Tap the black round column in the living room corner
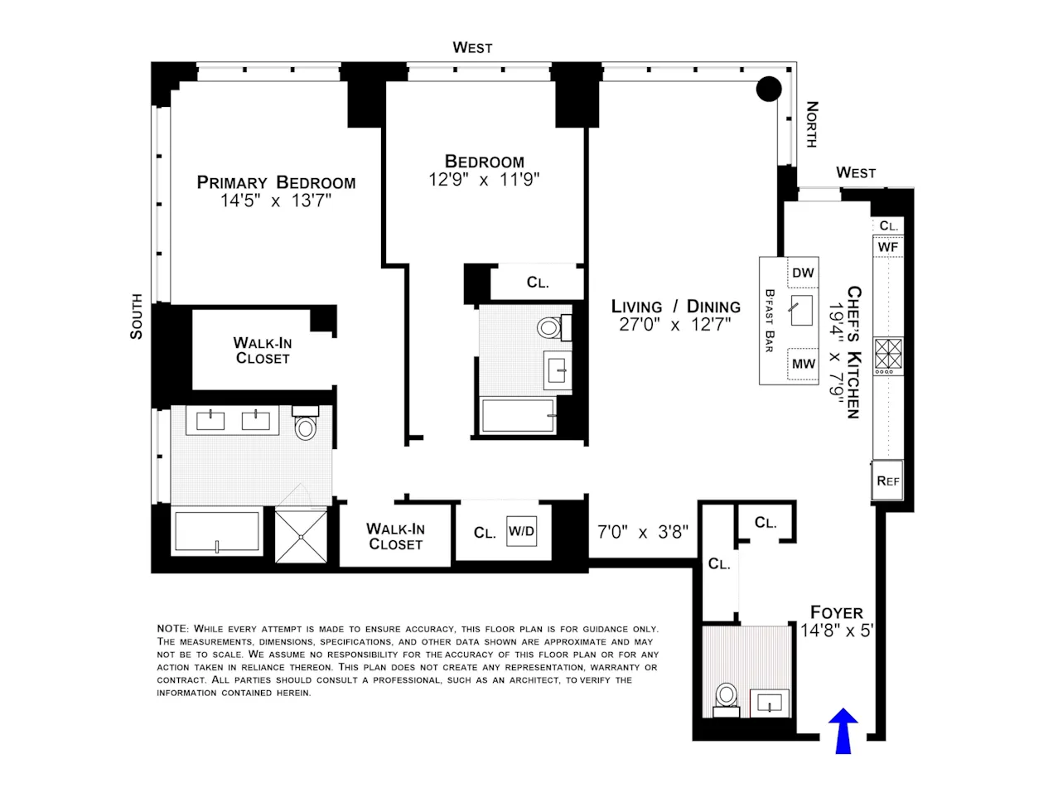(769, 89)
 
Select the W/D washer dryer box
(521, 532)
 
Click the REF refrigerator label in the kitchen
(887, 481)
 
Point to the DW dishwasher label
(803, 273)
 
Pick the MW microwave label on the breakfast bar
(803, 364)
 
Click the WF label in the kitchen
(887, 247)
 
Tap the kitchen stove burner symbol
(888, 353)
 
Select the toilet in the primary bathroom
(306, 424)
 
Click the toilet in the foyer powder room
(727, 697)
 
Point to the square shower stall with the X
(302, 536)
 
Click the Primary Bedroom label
(276, 182)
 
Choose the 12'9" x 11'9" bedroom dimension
(484, 180)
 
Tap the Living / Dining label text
(675, 307)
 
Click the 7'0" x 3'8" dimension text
(642, 532)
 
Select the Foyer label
(836, 612)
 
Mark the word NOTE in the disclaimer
(173, 629)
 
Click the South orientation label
(137, 316)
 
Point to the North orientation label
(812, 124)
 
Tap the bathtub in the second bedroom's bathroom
(519, 415)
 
